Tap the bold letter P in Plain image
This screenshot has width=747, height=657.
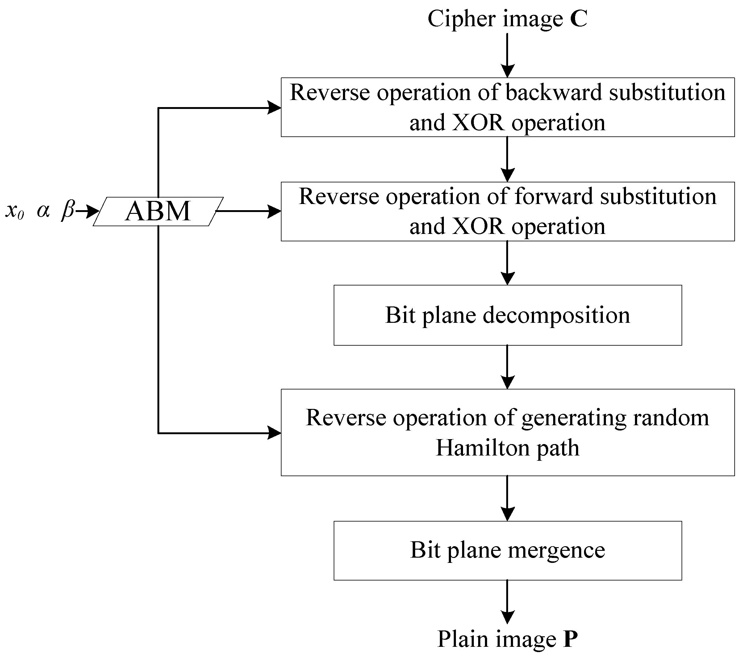[570, 639]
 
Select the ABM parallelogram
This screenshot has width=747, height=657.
[158, 211]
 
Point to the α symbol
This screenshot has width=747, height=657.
[43, 211]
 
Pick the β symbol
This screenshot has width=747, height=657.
[68, 210]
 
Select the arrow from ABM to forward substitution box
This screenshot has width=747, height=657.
[248, 211]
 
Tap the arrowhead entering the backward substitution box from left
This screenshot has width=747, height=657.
[274, 108]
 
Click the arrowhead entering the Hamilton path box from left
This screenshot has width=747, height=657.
[274, 433]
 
